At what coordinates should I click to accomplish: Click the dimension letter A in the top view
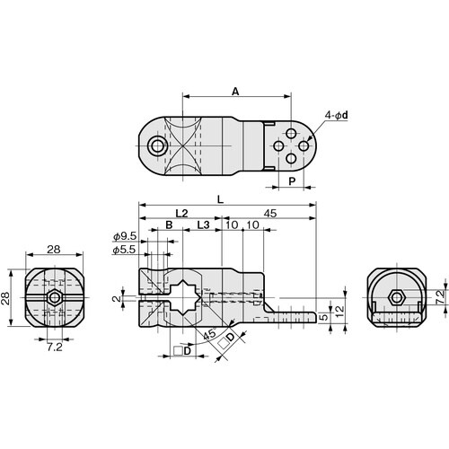tap(235, 91)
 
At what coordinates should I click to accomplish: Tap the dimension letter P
tap(292, 180)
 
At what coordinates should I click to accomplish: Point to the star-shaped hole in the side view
tap(189, 295)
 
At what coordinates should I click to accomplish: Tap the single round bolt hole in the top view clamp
tap(159, 145)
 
